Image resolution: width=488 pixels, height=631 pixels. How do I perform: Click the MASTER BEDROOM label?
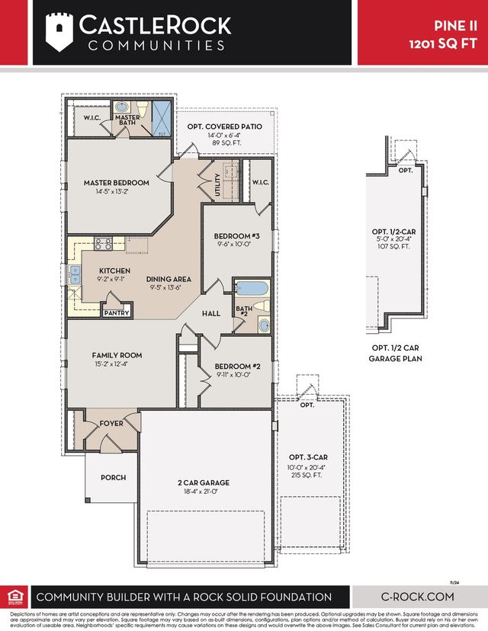click(x=116, y=183)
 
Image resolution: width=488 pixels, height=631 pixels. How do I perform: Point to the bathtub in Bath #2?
click(x=251, y=289)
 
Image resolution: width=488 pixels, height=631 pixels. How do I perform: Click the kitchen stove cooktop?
click(x=103, y=245)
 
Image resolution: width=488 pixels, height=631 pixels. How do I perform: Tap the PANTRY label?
click(x=116, y=312)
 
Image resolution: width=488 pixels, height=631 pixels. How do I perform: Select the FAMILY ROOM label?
click(x=117, y=355)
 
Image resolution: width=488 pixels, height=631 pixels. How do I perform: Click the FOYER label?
click(x=111, y=424)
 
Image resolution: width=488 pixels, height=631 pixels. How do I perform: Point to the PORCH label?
click(x=113, y=478)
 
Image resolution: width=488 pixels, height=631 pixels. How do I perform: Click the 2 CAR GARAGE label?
click(x=204, y=482)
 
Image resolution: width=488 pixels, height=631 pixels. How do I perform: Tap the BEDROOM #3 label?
click(x=236, y=236)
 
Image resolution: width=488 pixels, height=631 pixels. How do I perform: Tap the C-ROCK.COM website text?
click(x=418, y=597)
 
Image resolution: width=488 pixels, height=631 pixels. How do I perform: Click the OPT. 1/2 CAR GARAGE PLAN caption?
click(x=396, y=352)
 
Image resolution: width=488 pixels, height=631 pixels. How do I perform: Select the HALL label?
click(x=210, y=313)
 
